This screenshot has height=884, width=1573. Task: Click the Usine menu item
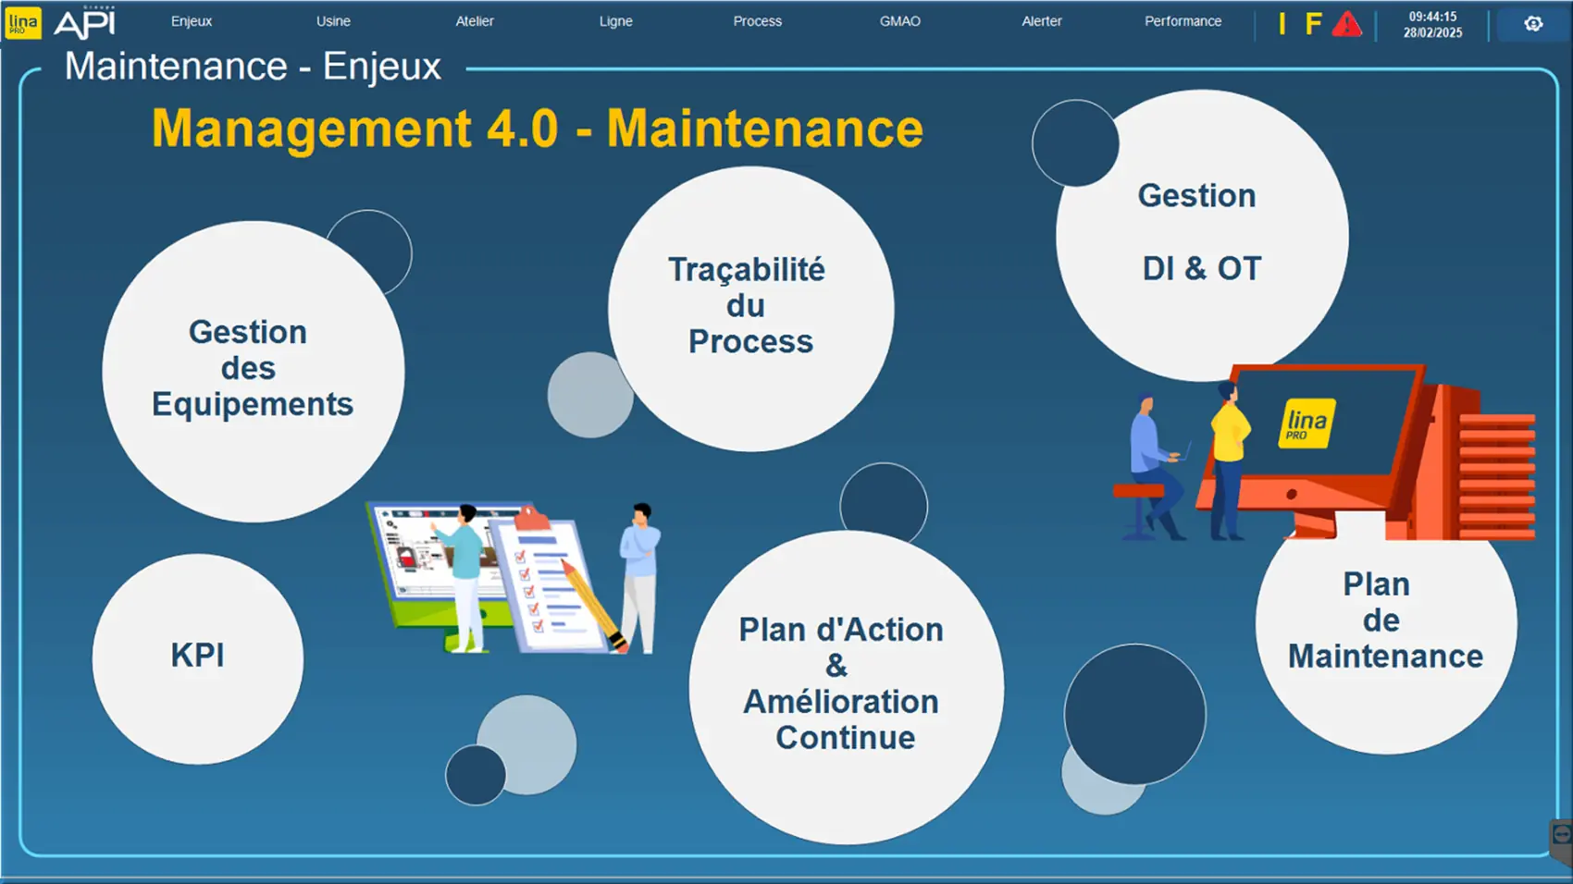(x=333, y=21)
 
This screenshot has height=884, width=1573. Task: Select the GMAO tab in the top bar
(x=899, y=21)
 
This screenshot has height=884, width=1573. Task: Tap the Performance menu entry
(x=1183, y=21)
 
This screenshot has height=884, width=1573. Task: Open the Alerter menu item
(x=1041, y=21)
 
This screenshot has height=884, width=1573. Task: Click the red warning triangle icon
(x=1347, y=25)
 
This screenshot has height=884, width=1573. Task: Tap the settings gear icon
(x=1533, y=24)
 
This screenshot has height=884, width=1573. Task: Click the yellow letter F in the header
(x=1313, y=24)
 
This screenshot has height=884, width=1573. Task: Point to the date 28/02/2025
(x=1432, y=32)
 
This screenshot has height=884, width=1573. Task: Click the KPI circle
(x=198, y=658)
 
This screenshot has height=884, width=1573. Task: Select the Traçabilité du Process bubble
(x=750, y=309)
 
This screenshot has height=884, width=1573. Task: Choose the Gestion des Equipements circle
(x=253, y=371)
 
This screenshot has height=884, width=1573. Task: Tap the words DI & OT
(x=1202, y=269)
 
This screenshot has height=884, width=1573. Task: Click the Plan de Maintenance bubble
(x=1385, y=632)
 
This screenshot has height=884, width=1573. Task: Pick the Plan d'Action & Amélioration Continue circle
(x=847, y=688)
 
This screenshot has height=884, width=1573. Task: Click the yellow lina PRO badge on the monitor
(x=1307, y=424)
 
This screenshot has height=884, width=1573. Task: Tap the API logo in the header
(x=84, y=23)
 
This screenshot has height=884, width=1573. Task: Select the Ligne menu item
(x=616, y=21)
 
